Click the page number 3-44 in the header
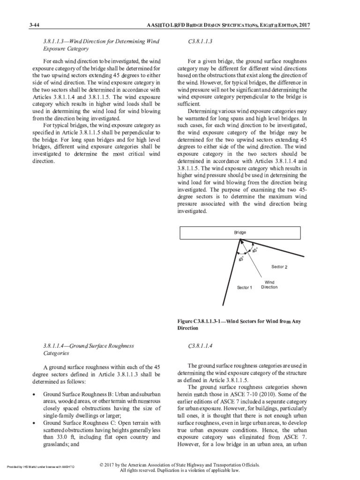pos(35,25)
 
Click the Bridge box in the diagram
pos(240,232)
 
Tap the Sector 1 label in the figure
pos(244,287)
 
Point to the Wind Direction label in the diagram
pos(269,285)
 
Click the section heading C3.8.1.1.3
pos(201,42)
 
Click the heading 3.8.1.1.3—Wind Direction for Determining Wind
pos(101,42)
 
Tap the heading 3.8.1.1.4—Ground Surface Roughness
pos(89,346)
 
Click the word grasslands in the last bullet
pos(57,444)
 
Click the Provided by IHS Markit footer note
pos(40,467)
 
